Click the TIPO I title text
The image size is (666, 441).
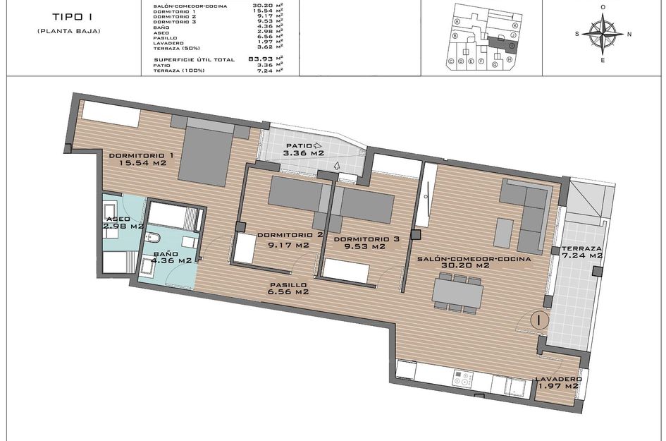69,16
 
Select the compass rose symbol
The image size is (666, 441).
603,33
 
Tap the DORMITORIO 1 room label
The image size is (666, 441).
141,155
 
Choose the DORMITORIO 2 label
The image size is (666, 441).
290,236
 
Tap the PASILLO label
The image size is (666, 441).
288,285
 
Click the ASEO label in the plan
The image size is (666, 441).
118,219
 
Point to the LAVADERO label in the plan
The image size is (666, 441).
556,377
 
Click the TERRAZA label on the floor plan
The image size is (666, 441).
581,249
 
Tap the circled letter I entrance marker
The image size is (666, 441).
539,320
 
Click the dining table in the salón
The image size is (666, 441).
458,292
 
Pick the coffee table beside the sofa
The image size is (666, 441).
503,233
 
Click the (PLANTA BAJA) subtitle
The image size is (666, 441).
69,31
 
